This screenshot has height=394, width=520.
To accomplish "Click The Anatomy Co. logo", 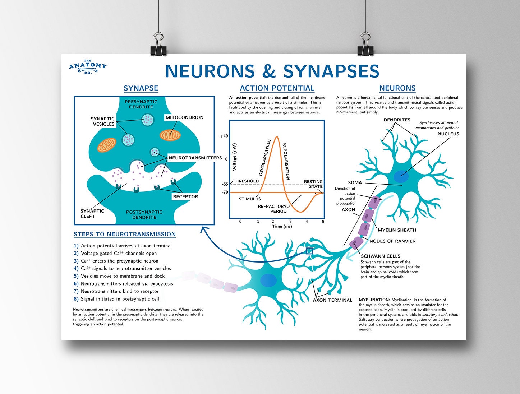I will [x=88, y=67].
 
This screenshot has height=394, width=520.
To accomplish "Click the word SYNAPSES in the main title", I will [x=331, y=71].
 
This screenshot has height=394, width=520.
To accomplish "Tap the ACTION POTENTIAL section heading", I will [x=277, y=88].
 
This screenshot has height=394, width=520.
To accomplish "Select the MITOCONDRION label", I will [x=184, y=117].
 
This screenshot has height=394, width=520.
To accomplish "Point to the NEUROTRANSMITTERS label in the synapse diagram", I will [x=195, y=158].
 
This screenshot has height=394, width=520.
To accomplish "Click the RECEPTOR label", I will [x=185, y=196].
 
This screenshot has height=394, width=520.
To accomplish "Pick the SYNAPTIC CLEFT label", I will [x=92, y=214].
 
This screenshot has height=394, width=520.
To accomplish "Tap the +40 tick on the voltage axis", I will [x=224, y=136].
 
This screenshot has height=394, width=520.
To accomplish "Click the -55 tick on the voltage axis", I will [x=225, y=184].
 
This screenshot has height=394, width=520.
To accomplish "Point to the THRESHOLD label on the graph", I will [x=245, y=181].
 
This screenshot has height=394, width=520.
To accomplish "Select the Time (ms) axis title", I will [x=282, y=226].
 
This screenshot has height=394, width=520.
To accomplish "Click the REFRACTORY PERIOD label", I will [x=272, y=209].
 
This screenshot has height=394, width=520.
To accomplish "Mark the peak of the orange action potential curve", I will [x=276, y=136].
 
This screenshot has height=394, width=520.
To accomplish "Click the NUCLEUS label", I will [x=448, y=134].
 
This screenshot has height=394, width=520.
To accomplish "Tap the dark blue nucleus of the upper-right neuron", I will [x=401, y=176].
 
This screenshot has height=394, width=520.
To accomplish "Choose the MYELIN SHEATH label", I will [x=397, y=230].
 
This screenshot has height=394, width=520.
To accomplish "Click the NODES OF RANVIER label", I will [x=392, y=241].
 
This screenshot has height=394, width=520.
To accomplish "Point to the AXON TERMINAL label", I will [x=332, y=300].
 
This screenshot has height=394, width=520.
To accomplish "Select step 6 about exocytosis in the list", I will [x=127, y=284].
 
